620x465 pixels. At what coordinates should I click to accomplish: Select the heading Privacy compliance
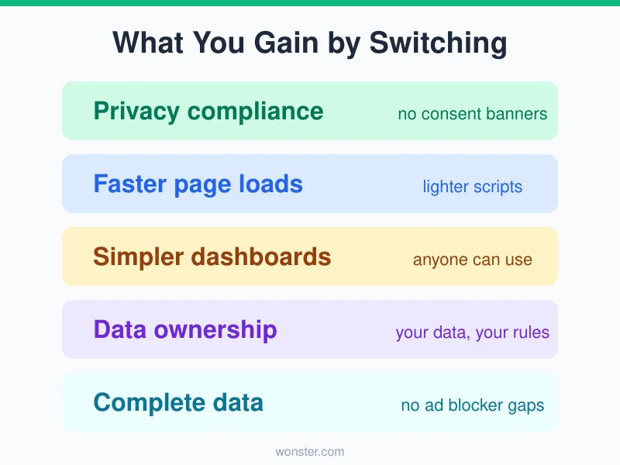208,111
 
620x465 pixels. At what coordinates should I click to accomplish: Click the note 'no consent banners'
472,114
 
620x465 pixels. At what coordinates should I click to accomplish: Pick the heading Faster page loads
198,184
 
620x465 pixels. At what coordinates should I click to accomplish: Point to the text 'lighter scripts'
472,187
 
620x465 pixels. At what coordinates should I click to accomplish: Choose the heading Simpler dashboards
212,257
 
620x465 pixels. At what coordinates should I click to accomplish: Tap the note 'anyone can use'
472,260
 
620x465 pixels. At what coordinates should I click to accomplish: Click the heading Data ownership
184,329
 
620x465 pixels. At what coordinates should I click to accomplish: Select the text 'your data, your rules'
472,332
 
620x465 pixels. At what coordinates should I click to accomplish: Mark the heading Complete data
178,402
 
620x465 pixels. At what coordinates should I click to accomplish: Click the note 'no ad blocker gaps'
472,405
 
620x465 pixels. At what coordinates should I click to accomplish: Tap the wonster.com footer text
310,451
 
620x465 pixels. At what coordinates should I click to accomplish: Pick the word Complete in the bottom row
145,402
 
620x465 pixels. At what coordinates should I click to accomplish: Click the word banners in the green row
517,114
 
